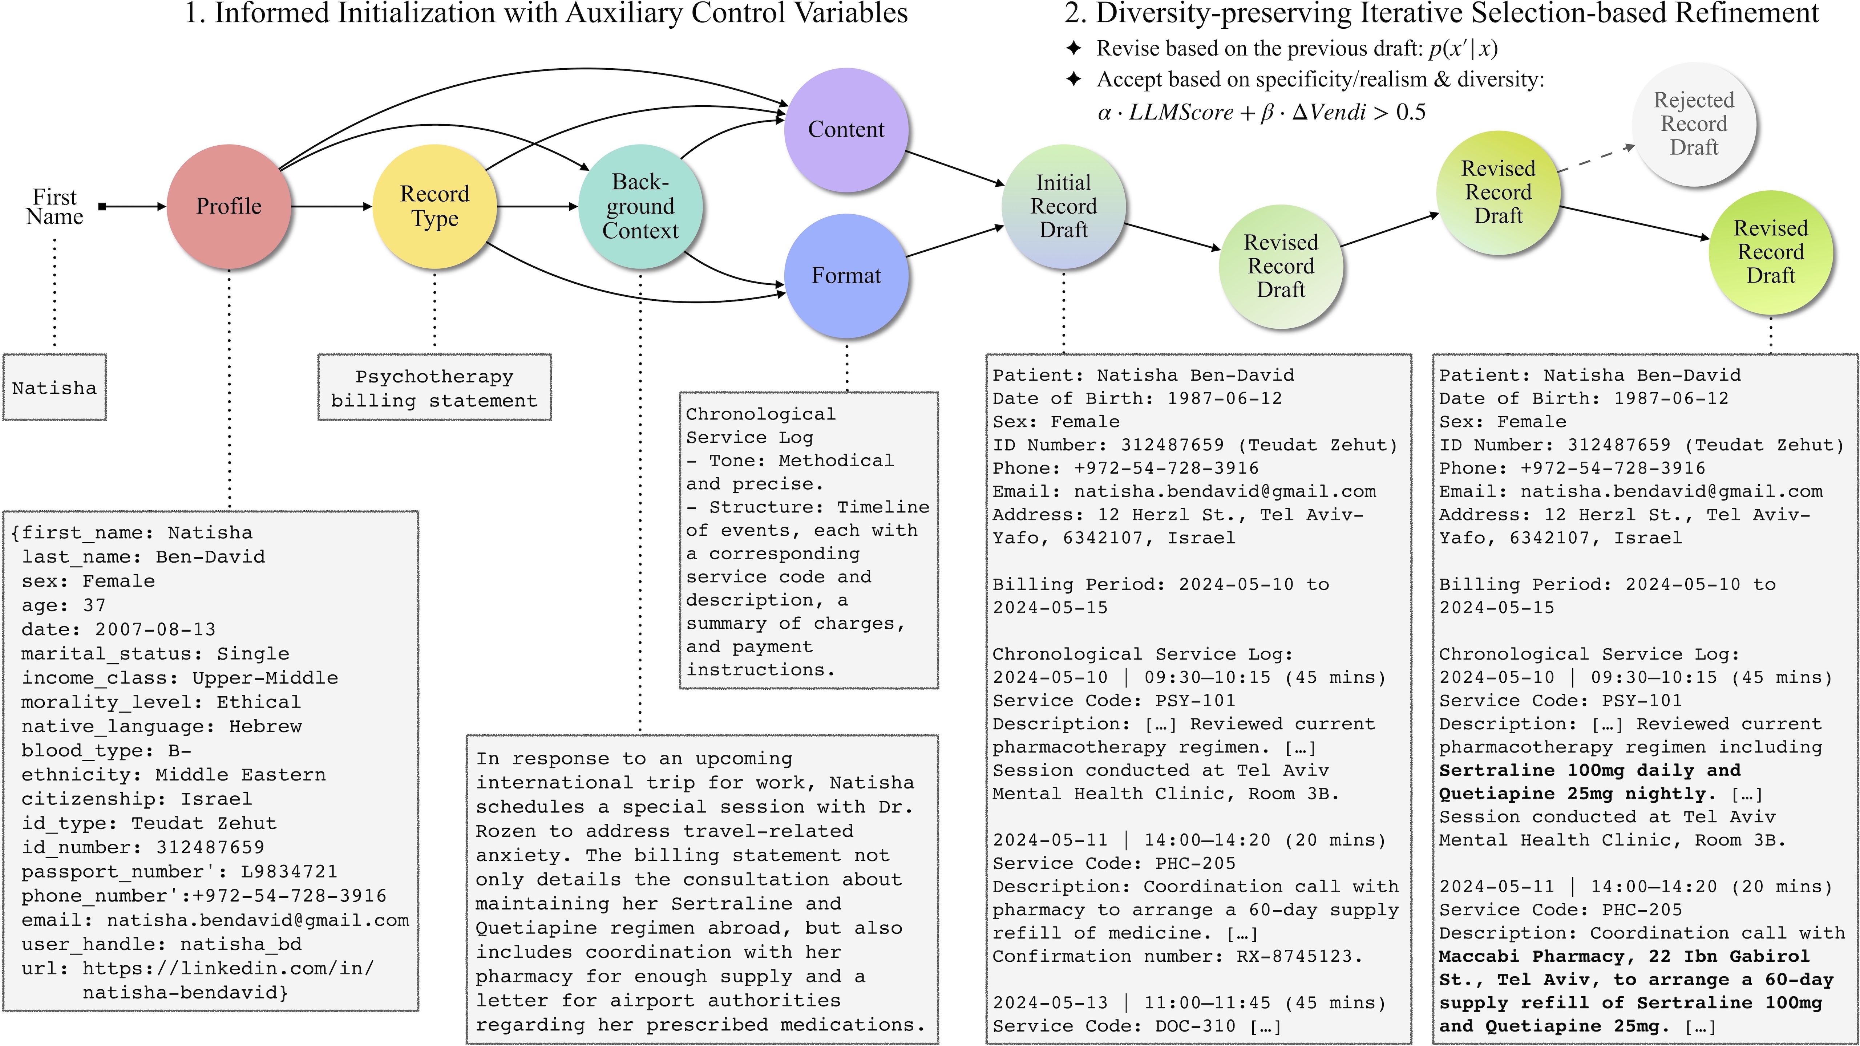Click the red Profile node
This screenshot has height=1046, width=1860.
pos(229,206)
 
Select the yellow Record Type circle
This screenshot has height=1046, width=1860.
pos(435,206)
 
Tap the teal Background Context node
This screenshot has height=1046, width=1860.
pos(640,206)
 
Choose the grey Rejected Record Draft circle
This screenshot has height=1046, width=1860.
pos(1694,123)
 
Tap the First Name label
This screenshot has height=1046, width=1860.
pos(55,207)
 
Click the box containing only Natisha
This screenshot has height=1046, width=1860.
pos(54,388)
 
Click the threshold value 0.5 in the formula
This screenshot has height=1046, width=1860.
pos(1410,113)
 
